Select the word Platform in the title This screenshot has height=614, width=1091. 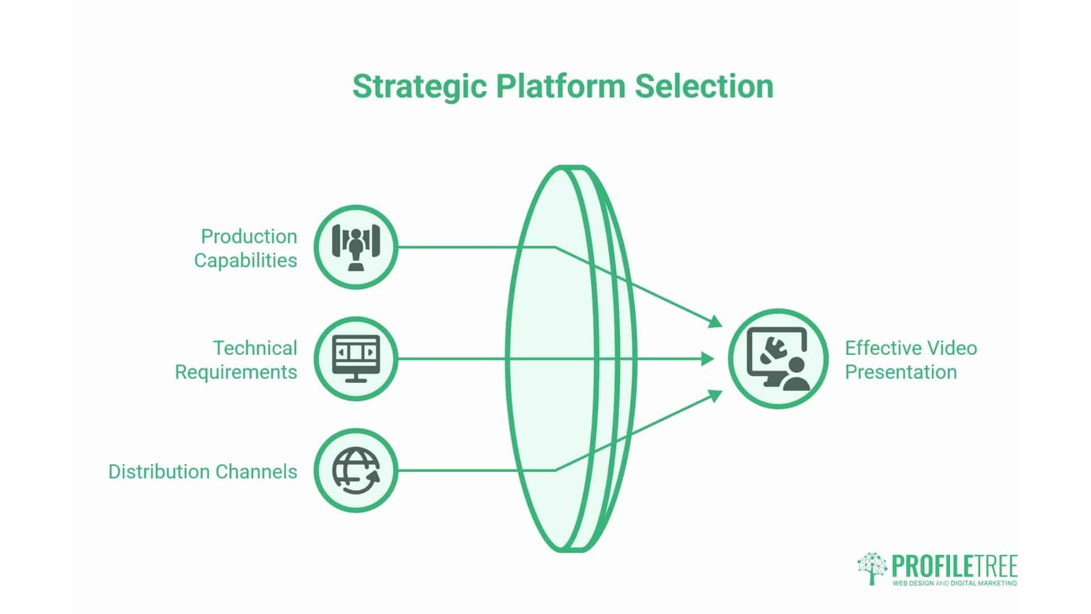(560, 86)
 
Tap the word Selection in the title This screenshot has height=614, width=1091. (704, 86)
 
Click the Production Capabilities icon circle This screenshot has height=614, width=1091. (356, 247)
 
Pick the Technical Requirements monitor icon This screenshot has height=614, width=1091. (356, 359)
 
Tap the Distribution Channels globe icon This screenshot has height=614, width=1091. (356, 471)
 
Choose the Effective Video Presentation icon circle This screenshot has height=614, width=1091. (778, 359)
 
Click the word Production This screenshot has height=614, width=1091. (249, 236)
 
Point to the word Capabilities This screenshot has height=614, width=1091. (245, 260)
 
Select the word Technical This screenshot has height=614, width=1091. (255, 348)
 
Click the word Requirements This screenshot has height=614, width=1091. (236, 372)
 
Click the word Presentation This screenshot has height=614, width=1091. (901, 372)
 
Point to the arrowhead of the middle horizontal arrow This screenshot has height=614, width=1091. (707, 359)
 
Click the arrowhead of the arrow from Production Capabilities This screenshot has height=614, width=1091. (715, 322)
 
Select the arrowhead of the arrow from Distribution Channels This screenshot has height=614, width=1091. (715, 395)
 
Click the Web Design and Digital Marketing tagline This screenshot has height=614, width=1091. (955, 583)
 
